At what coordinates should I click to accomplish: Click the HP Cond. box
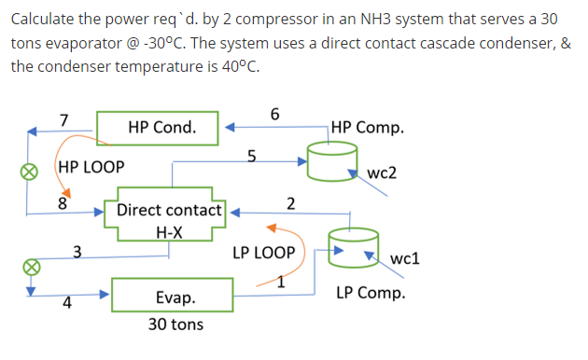tap(162, 128)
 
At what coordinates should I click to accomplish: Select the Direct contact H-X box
tap(169, 218)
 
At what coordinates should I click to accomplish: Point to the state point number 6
tap(273, 114)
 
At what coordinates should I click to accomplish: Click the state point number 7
tap(63, 119)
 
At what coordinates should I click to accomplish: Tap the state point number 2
tap(290, 203)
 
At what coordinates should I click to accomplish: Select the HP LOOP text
tap(91, 169)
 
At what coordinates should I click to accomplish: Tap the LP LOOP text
tap(264, 253)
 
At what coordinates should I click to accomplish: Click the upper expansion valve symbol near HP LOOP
tap(30, 171)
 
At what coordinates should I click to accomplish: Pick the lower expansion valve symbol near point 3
tap(30, 267)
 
